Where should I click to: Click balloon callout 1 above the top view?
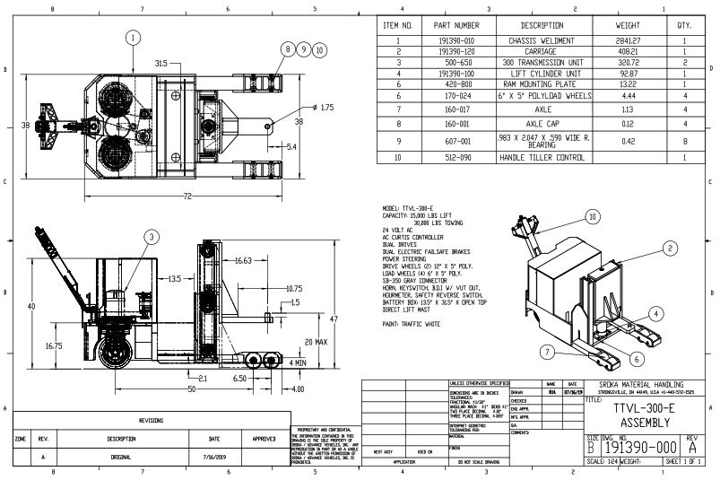pos(133,38)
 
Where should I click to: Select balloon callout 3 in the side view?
pos(153,236)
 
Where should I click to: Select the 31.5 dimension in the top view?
pos(161,64)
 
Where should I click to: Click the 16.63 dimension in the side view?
pos(243,261)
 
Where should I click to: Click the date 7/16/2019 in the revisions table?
pos(213,457)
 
